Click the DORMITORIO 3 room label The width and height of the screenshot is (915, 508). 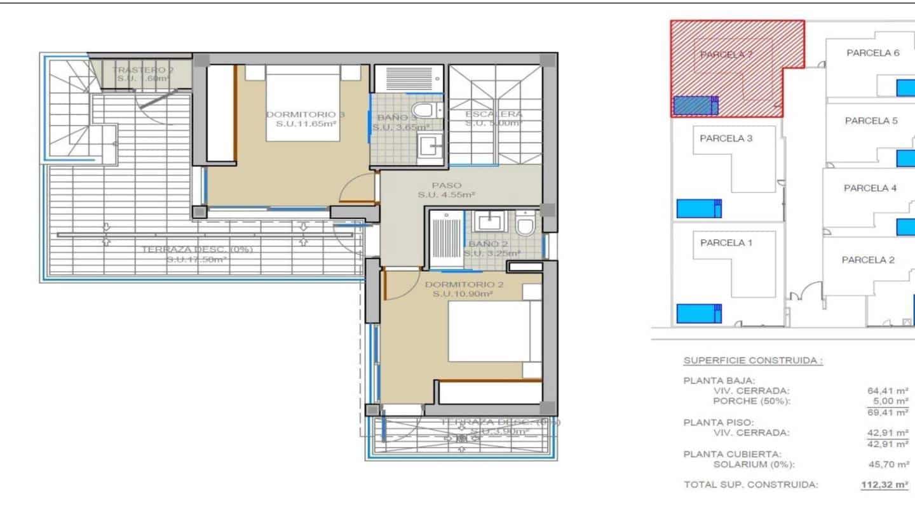(x=306, y=114)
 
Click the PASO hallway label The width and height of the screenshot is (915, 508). (x=447, y=185)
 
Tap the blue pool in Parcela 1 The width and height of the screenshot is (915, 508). (x=699, y=313)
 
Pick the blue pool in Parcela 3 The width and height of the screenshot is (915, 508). (x=699, y=208)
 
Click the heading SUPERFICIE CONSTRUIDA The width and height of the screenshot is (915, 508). (x=753, y=361)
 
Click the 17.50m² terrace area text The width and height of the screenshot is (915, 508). (x=197, y=260)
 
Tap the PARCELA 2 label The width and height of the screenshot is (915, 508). (x=868, y=260)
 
